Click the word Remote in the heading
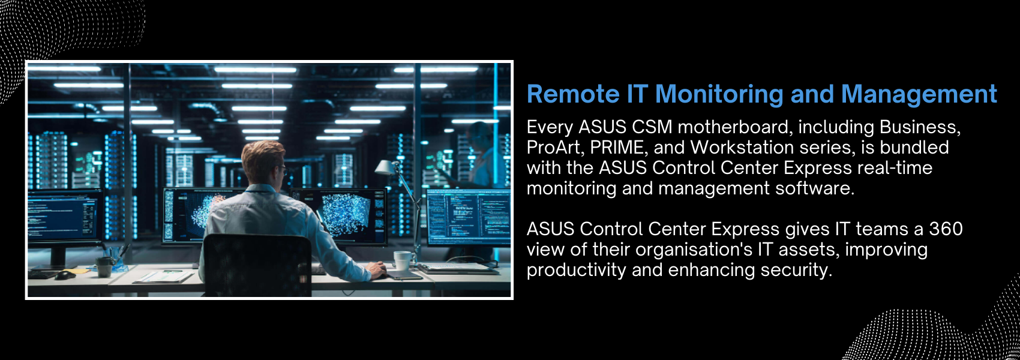573,94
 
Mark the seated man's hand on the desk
377,270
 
